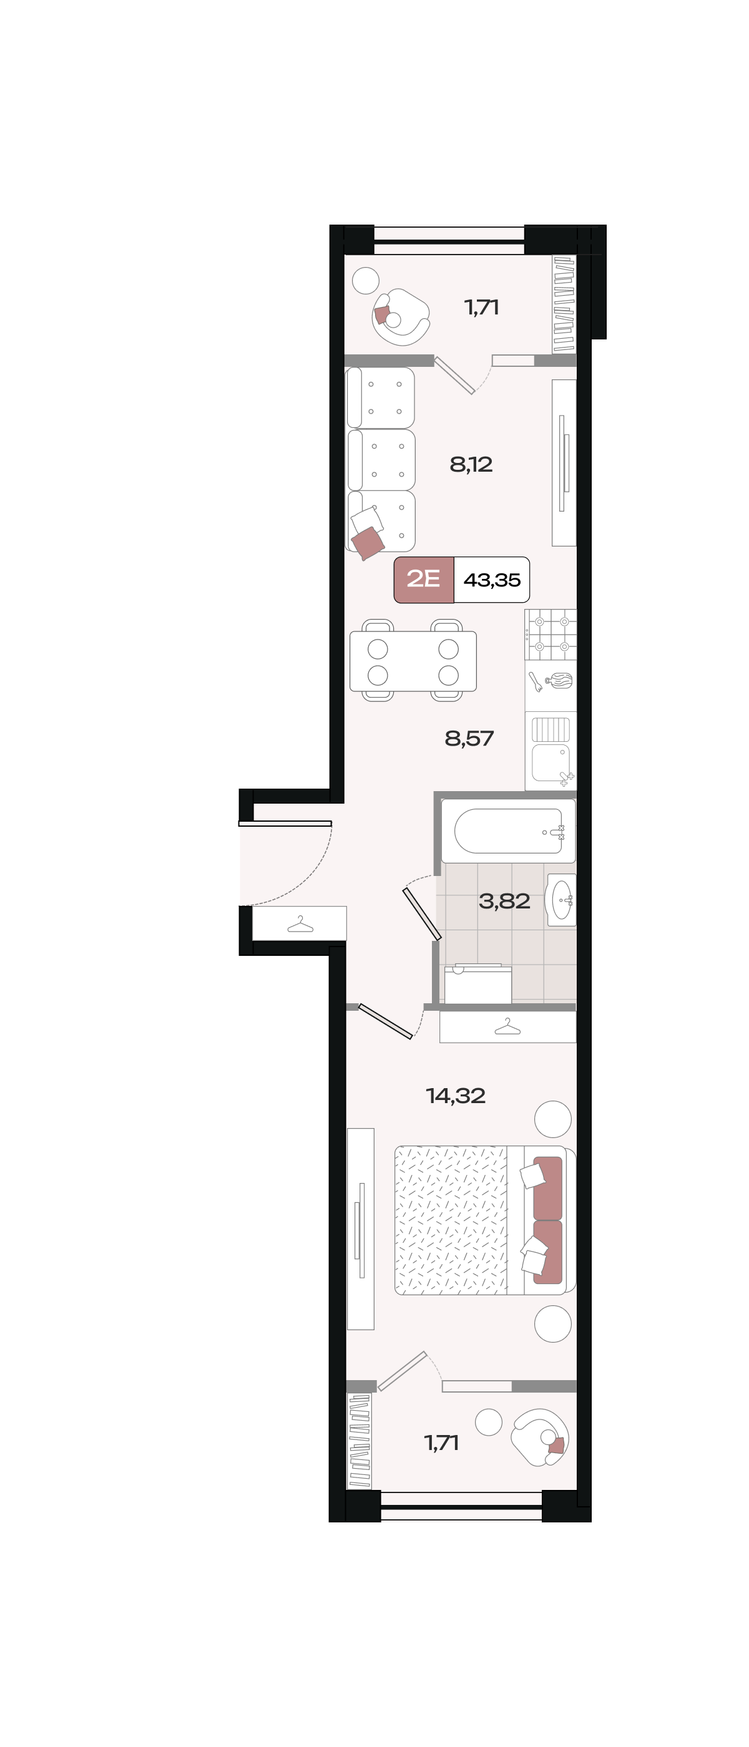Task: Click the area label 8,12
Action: [x=471, y=465]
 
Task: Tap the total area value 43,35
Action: [x=492, y=580]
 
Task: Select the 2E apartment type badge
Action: [x=423, y=579]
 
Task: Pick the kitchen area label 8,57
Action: [x=469, y=738]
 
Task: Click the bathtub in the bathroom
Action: [x=508, y=831]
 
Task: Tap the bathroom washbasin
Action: [x=561, y=900]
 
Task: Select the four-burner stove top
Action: [x=551, y=634]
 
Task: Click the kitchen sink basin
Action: [x=551, y=763]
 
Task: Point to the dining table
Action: [x=413, y=661]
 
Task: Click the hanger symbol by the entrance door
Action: [x=300, y=923]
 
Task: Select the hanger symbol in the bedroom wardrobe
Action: [x=507, y=1027]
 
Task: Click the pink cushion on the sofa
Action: [x=368, y=543]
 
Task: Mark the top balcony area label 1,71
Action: [x=482, y=307]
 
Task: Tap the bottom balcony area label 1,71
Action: [x=442, y=1443]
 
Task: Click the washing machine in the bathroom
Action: [x=477, y=983]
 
